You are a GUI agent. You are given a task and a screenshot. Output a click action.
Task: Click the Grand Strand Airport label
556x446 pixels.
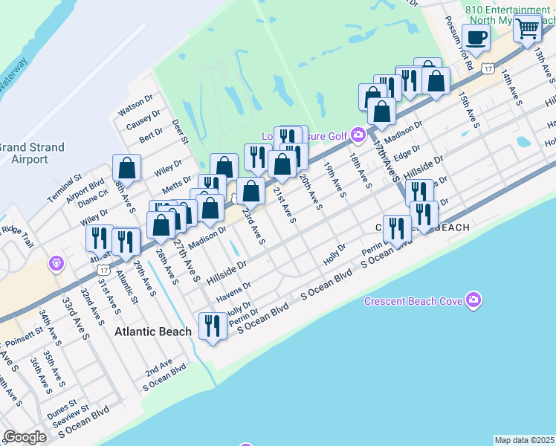point(32,153)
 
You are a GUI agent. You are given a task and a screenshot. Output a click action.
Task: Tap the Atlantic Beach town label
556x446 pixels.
point(153,332)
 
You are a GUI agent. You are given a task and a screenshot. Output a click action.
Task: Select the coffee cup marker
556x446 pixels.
point(476,37)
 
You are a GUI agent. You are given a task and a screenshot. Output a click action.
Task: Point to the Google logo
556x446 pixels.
point(25,437)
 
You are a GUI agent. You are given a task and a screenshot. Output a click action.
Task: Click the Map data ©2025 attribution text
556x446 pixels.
point(525,440)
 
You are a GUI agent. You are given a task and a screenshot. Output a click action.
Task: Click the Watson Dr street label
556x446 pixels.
point(135,109)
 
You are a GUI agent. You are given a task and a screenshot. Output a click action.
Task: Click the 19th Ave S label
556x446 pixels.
point(334,181)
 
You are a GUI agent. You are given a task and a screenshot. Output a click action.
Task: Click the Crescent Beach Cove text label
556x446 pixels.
point(413,301)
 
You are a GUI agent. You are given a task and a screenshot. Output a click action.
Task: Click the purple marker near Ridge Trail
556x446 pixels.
point(55,263)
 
